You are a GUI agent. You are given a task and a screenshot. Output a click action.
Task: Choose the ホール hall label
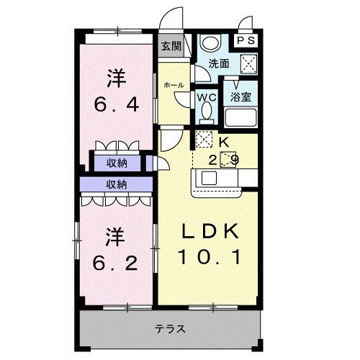point(173,85)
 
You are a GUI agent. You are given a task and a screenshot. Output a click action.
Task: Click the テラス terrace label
point(170,329)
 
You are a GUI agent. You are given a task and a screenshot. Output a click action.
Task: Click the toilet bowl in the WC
point(206,112)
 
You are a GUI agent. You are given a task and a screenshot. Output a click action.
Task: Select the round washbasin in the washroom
point(210,42)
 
